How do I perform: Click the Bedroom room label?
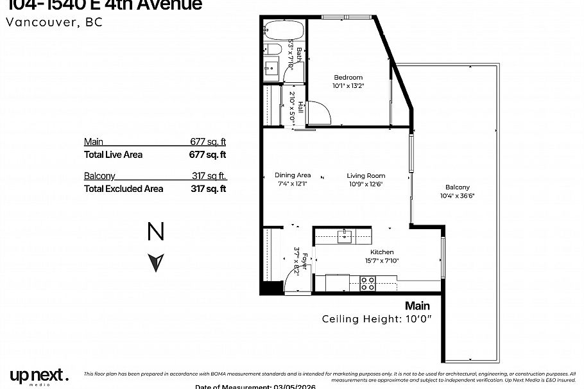click(348, 78)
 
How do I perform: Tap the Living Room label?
click(366, 175)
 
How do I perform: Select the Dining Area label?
click(293, 175)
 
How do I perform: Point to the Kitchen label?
click(382, 252)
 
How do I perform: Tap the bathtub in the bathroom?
click(283, 31)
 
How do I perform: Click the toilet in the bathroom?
click(271, 50)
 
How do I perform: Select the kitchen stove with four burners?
click(368, 283)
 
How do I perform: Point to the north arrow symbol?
click(156, 262)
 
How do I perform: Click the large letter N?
click(156, 232)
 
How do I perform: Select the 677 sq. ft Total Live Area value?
click(208, 155)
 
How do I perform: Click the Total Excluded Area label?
click(123, 189)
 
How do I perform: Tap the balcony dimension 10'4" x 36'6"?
click(458, 196)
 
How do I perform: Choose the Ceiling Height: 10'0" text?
click(376, 319)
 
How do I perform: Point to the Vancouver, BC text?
click(54, 22)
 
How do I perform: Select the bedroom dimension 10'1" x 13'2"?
click(348, 85)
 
